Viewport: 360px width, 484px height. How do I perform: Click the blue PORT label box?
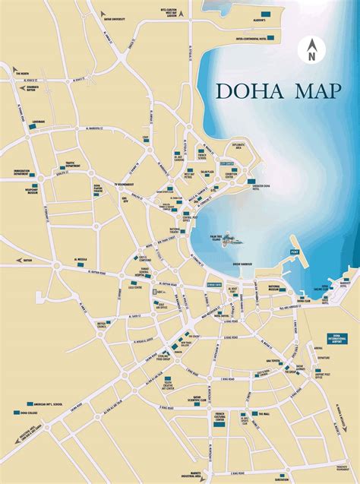pyautogui.click(x=295, y=252)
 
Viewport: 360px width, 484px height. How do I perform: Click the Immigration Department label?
pyautogui.click(x=27, y=172)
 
